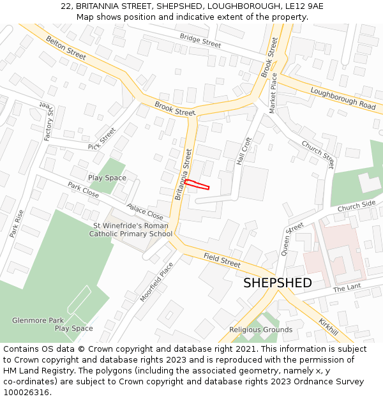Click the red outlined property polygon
coord(197,184)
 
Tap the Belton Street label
coord(66,49)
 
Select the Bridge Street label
coord(200,41)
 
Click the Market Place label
coord(273,93)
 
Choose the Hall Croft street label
coord(244,151)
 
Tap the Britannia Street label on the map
coord(182,174)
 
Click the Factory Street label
coord(49,121)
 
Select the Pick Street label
coord(102,139)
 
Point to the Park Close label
coord(83,190)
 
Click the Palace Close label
coord(145,212)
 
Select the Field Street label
coord(222,260)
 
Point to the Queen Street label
coord(292,239)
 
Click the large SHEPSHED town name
coord(278,283)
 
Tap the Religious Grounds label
coord(260,329)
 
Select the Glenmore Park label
coord(38,320)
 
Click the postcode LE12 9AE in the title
coord(303,6)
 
